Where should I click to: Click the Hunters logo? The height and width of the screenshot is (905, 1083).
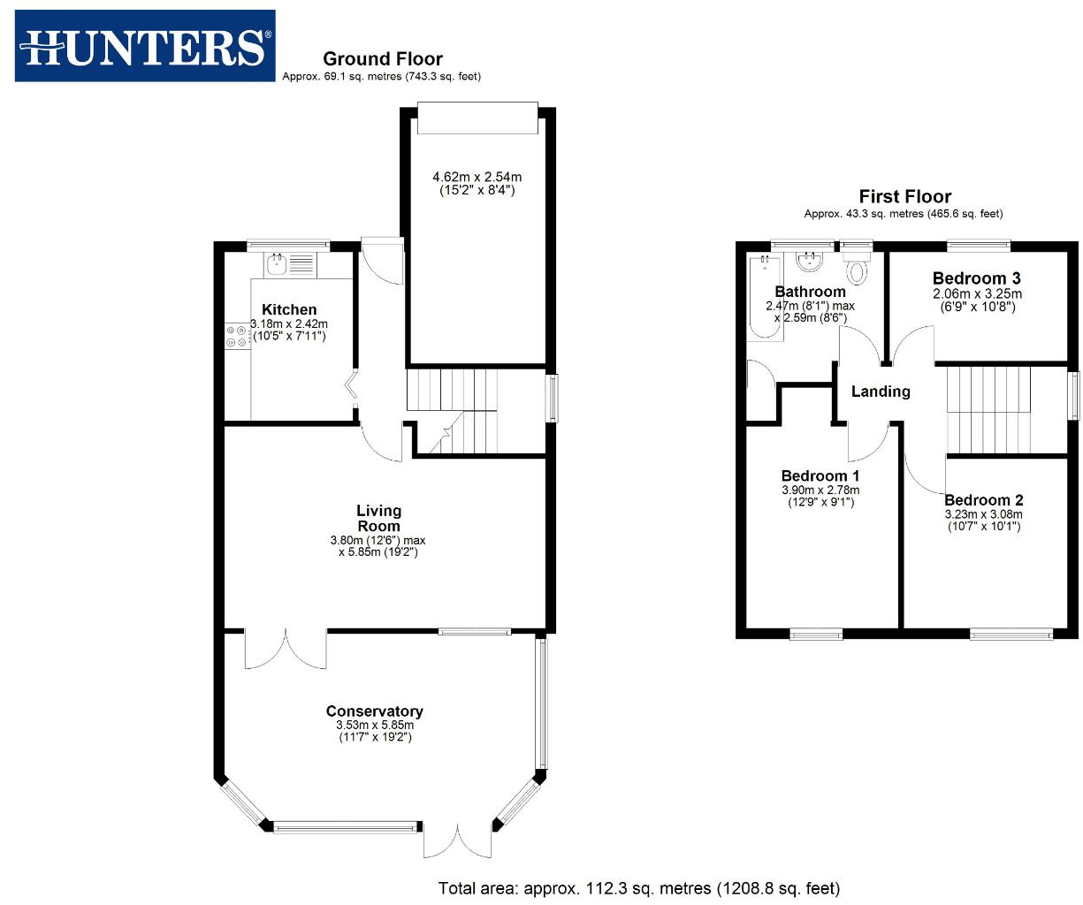tap(145, 47)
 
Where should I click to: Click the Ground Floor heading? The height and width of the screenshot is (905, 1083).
tap(382, 59)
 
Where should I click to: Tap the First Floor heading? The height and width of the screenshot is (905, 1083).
tap(904, 196)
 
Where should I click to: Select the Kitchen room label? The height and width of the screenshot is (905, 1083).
tap(289, 309)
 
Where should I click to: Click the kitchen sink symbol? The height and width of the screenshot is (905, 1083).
tap(276, 263)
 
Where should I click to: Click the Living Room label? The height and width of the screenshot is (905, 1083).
tap(378, 518)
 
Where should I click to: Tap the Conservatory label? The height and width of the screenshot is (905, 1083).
tap(374, 711)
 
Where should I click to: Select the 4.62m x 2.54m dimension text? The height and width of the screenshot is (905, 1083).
tap(477, 177)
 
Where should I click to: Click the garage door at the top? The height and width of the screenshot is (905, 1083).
tap(477, 118)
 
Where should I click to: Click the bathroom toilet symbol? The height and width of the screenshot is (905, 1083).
tap(856, 269)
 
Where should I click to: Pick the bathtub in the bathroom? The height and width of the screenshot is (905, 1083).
tap(765, 298)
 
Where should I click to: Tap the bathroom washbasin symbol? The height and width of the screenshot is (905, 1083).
tap(809, 261)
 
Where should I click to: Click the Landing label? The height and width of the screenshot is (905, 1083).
tap(880, 392)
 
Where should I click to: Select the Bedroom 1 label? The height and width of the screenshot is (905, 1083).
tap(820, 475)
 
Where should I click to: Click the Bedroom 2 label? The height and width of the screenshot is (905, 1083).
tap(983, 500)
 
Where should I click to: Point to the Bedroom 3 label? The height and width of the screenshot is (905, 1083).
tap(976, 278)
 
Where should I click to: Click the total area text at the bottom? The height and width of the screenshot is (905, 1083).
tap(638, 888)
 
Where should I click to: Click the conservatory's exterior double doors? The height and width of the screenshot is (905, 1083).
tap(457, 840)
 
